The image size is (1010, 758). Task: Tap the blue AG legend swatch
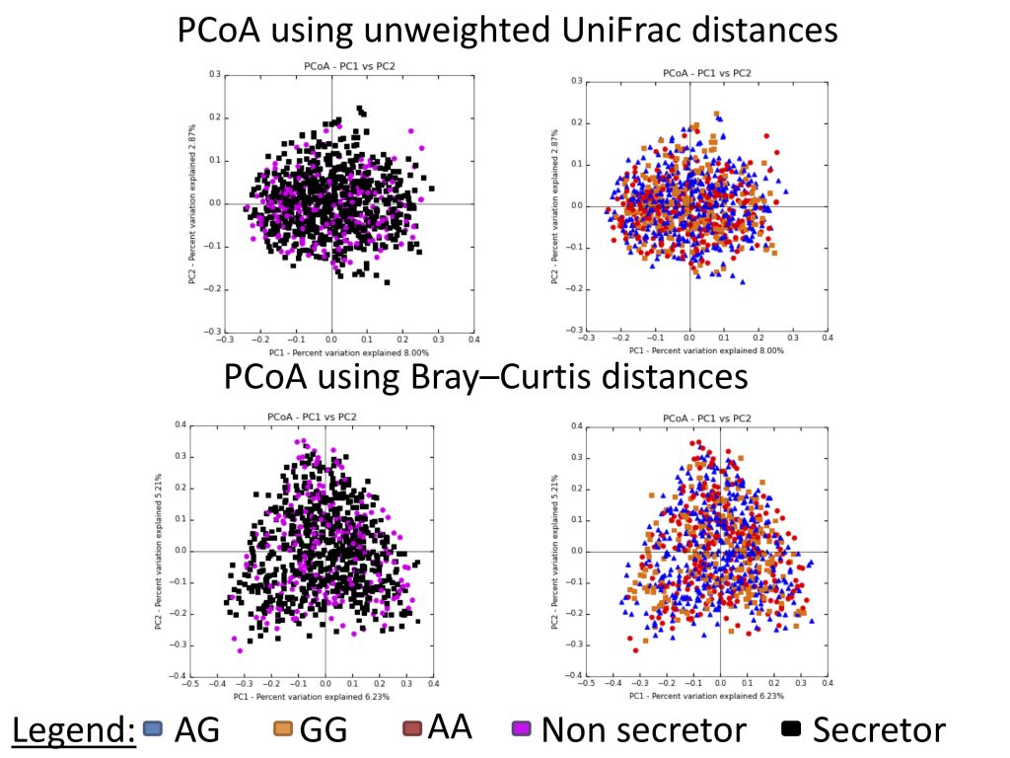152,729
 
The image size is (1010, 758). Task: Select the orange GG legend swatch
283,729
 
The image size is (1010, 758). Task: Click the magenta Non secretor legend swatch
522,729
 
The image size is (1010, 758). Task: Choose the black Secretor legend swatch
790,730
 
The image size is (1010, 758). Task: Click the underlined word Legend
73,730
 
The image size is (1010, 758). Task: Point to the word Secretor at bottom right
879,730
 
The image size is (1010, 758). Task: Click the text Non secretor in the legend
643,730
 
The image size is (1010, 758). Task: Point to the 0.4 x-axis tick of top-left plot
473,339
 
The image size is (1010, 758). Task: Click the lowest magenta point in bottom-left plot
240,650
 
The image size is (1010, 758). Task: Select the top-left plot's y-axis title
193,204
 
